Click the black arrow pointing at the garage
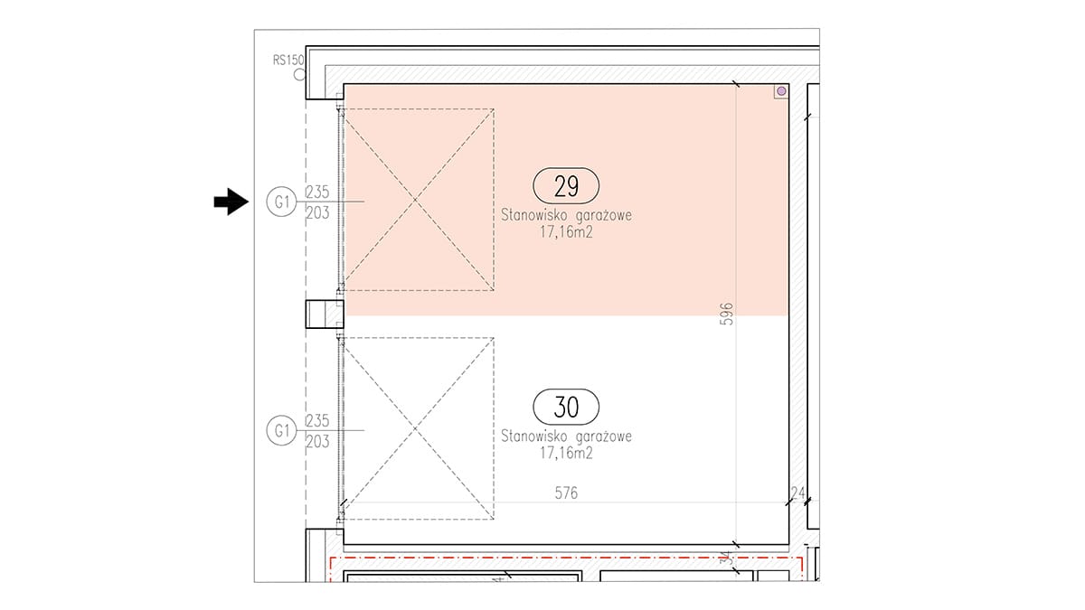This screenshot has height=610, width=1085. tap(231, 202)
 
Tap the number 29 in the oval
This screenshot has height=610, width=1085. tap(566, 186)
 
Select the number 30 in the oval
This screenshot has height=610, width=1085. tap(566, 408)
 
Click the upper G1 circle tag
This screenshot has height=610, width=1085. tap(281, 202)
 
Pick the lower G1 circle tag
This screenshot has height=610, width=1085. tap(281, 430)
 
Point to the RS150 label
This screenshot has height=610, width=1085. tap(288, 60)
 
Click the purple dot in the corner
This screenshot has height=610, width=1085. tap(781, 91)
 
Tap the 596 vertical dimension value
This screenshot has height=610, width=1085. tap(727, 314)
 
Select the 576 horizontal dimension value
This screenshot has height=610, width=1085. tap(566, 493)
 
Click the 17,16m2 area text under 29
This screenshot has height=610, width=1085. tap(566, 232)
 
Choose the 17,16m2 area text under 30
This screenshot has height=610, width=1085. tap(566, 454)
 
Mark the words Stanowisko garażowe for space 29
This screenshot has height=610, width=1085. tap(566, 215)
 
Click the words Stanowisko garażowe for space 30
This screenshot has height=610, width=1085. tap(566, 436)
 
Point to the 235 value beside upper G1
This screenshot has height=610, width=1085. tap(317, 192)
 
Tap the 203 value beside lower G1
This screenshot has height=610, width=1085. tap(317, 442)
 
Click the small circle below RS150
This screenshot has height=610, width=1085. tap(300, 74)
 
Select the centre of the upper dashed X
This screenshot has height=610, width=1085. tap(415, 200)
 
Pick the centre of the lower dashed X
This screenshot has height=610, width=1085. tap(415, 428)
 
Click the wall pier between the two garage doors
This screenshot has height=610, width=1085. tap(325, 314)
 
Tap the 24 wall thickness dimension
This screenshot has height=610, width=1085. tap(797, 493)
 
